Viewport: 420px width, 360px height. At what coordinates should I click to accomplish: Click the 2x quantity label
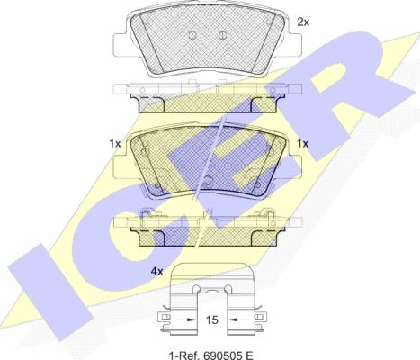(x=303, y=22)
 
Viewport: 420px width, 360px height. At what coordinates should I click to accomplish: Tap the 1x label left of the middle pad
(x=114, y=144)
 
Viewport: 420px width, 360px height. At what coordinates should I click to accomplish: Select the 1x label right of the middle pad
(x=302, y=144)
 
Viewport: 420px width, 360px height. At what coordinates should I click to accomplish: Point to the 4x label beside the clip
(x=156, y=272)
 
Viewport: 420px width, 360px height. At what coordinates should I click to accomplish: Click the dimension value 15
(x=212, y=320)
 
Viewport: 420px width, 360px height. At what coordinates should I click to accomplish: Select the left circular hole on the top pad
(x=192, y=35)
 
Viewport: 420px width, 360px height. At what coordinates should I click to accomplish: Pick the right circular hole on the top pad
(x=221, y=35)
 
